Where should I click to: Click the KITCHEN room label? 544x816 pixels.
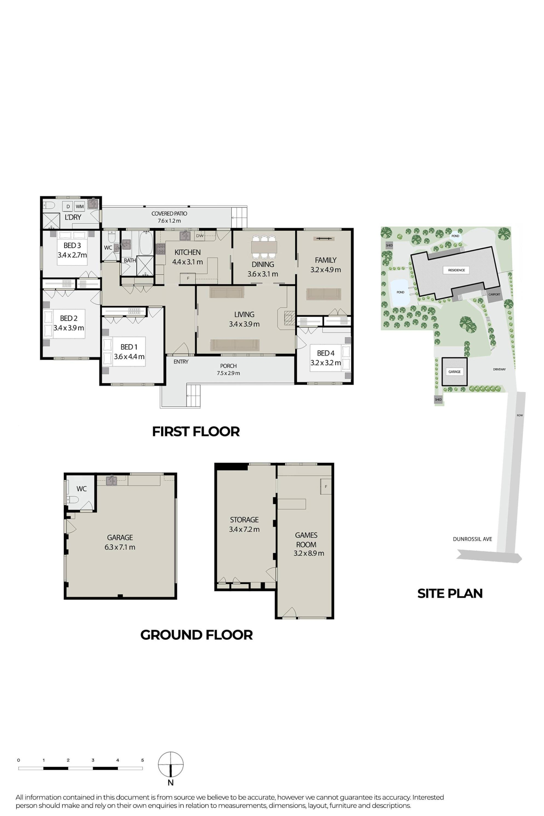point(187,252)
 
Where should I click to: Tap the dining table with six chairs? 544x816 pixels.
point(264,247)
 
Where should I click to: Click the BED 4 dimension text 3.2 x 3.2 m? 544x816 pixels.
point(326,363)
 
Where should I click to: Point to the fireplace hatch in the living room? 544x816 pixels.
point(289,317)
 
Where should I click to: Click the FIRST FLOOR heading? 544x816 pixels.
point(196,432)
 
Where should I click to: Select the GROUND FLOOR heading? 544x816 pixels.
point(196,635)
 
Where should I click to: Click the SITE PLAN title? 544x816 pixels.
point(450,594)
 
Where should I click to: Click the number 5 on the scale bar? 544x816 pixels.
point(143,760)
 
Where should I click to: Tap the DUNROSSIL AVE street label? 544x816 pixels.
point(472,539)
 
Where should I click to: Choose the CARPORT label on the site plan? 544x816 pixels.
point(494,295)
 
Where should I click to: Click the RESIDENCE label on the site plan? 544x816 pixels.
point(456,270)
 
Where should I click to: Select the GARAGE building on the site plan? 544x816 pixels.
point(454,371)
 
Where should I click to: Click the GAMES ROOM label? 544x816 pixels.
point(306,540)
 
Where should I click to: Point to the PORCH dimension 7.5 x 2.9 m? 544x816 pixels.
point(228,373)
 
